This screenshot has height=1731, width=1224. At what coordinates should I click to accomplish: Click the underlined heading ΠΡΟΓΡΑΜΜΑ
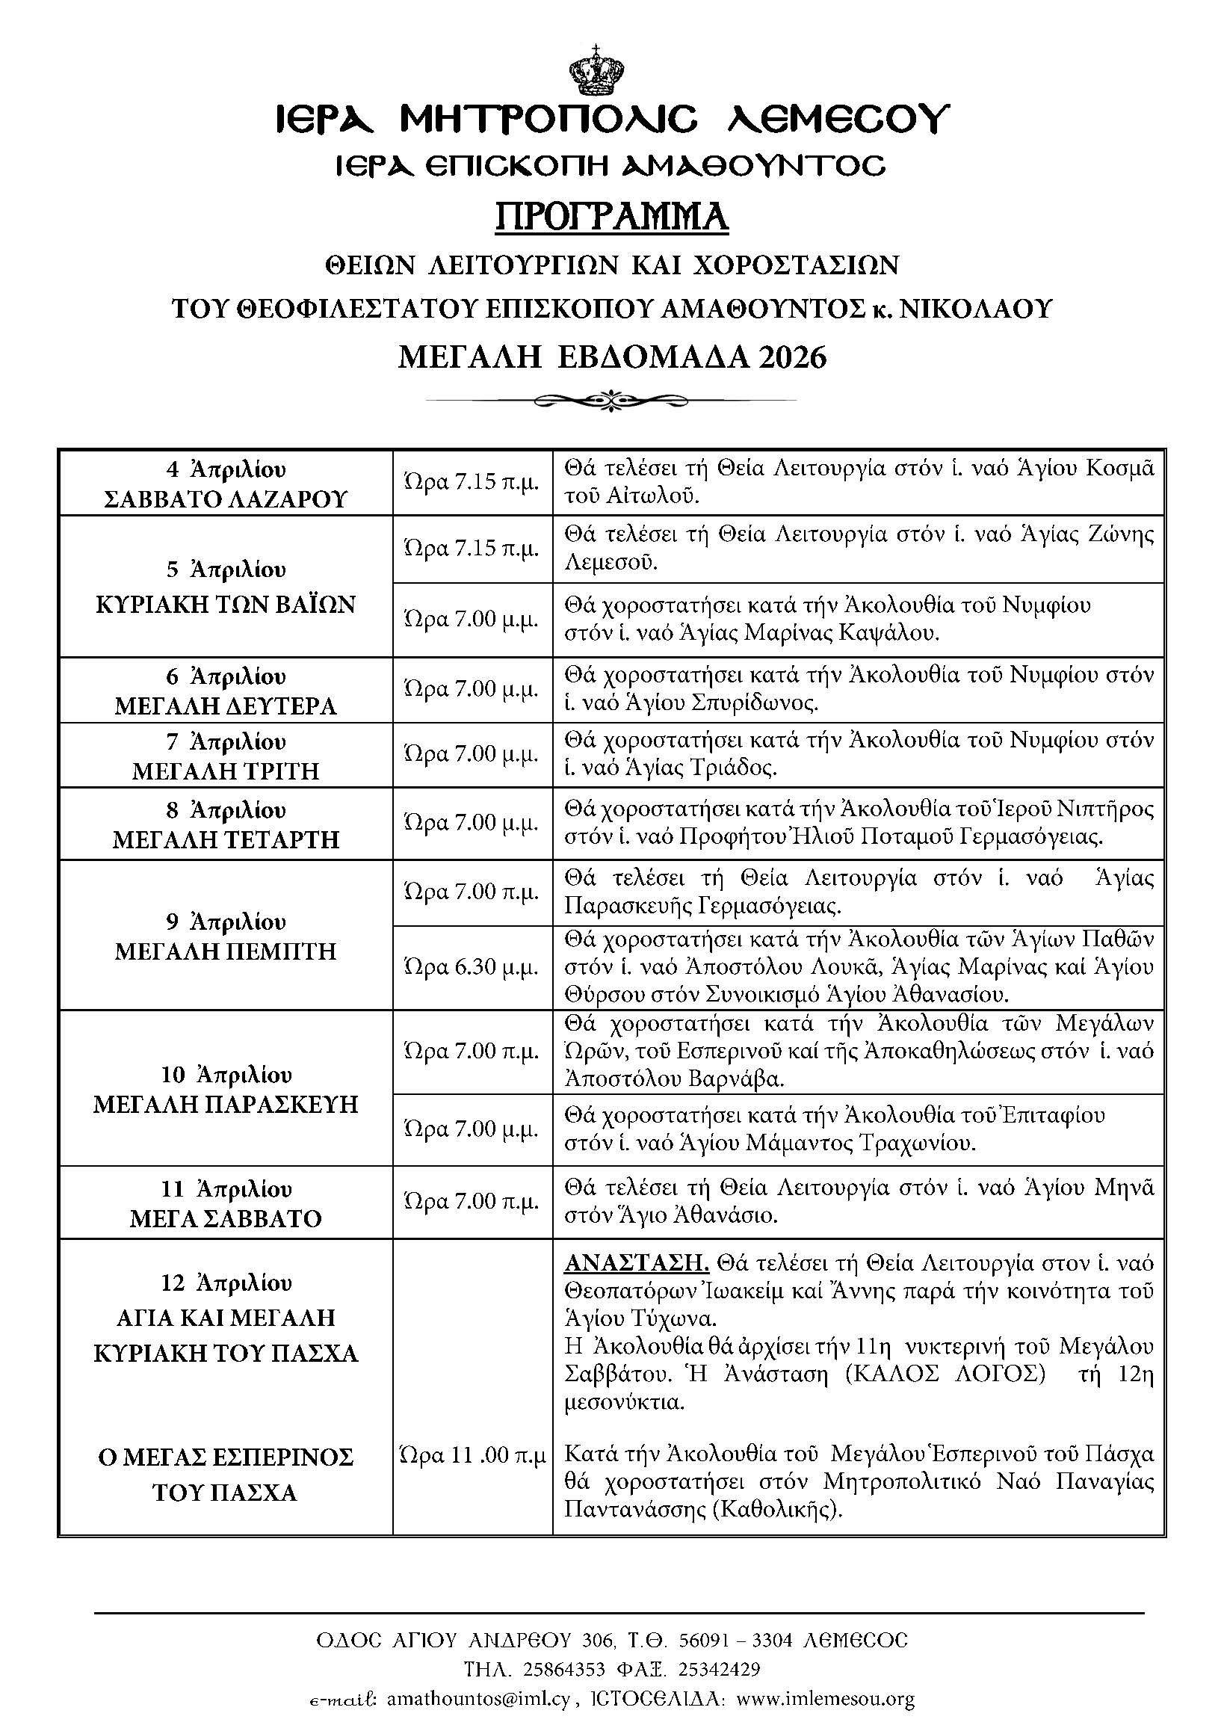click(611, 217)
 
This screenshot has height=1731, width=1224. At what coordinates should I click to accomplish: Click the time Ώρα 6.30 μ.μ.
click(471, 966)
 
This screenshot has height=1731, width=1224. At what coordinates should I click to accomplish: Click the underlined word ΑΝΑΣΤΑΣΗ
click(636, 1262)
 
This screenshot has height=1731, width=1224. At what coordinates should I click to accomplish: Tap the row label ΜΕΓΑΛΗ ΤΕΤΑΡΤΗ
click(226, 839)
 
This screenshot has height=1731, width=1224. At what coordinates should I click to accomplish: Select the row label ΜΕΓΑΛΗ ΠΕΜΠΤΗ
click(226, 951)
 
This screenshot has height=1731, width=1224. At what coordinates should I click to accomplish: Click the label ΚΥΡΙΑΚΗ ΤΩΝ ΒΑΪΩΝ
click(226, 605)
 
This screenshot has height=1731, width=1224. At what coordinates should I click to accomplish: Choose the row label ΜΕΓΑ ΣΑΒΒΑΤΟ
click(226, 1219)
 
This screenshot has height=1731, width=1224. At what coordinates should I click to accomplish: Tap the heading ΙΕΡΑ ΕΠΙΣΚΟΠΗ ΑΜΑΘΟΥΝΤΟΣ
click(611, 165)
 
